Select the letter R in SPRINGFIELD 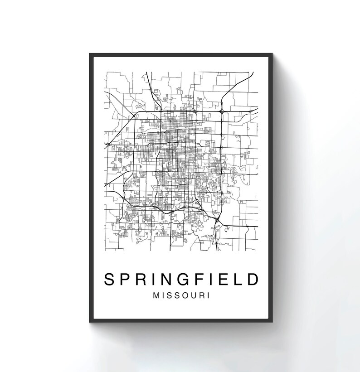[x=143, y=279]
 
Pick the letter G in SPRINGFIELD [x=188, y=279]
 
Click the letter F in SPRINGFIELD [x=204, y=279]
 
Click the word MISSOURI [x=181, y=295]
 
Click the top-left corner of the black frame [x=90, y=54]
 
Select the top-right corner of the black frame [x=273, y=54]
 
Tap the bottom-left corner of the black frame [x=90, y=322]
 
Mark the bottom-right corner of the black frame [x=273, y=322]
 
